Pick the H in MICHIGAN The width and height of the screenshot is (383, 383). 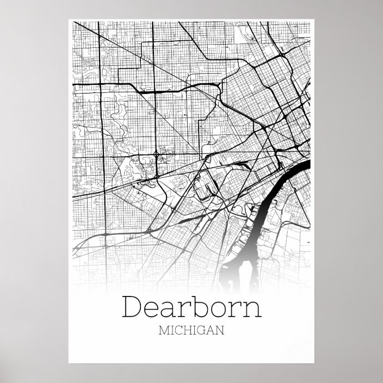187,330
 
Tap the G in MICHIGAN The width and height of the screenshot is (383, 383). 201,330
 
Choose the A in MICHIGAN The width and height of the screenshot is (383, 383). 210,330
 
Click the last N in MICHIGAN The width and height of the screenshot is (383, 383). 219,330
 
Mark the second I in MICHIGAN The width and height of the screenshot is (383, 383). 194,330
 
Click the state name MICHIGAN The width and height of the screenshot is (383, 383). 191,330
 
